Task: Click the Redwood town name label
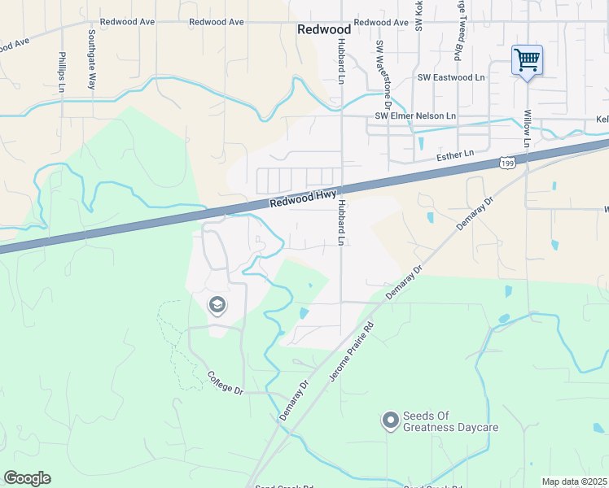(x=323, y=29)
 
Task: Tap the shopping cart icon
(x=527, y=59)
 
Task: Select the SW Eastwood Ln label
(x=450, y=77)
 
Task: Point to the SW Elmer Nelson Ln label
(x=415, y=116)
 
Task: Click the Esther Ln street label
(x=454, y=154)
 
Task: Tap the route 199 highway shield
(x=508, y=164)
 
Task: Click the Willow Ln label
(x=528, y=129)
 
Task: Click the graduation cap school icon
(x=217, y=306)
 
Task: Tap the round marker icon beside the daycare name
(x=390, y=420)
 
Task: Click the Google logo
(x=27, y=478)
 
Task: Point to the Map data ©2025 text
(x=574, y=482)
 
